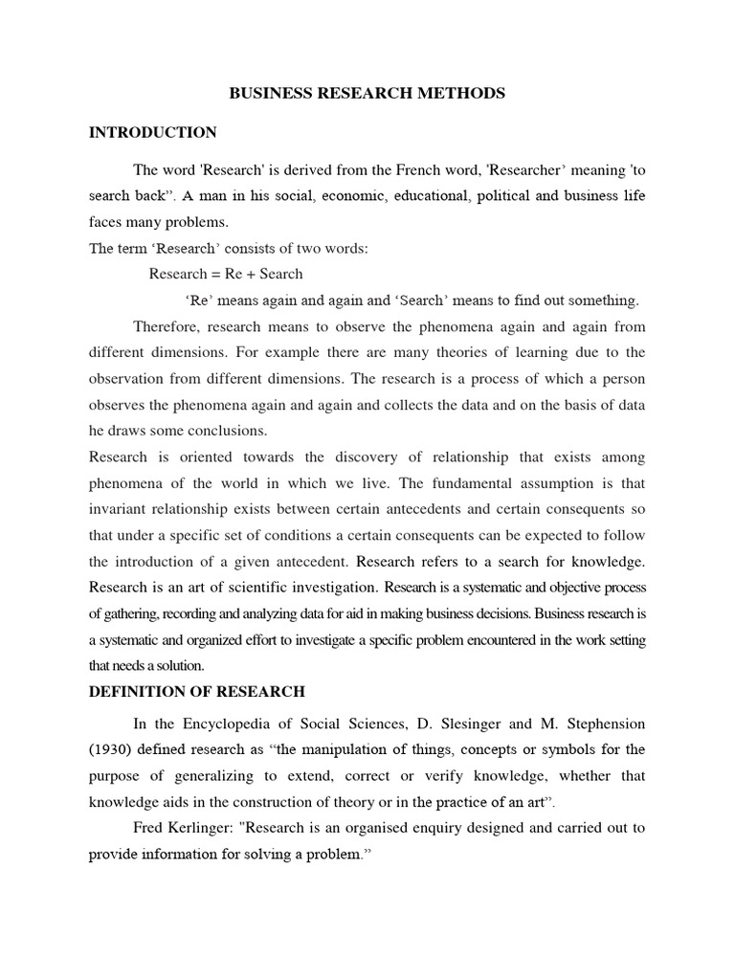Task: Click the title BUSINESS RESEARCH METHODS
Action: click(x=367, y=94)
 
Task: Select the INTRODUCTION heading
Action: click(x=153, y=132)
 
